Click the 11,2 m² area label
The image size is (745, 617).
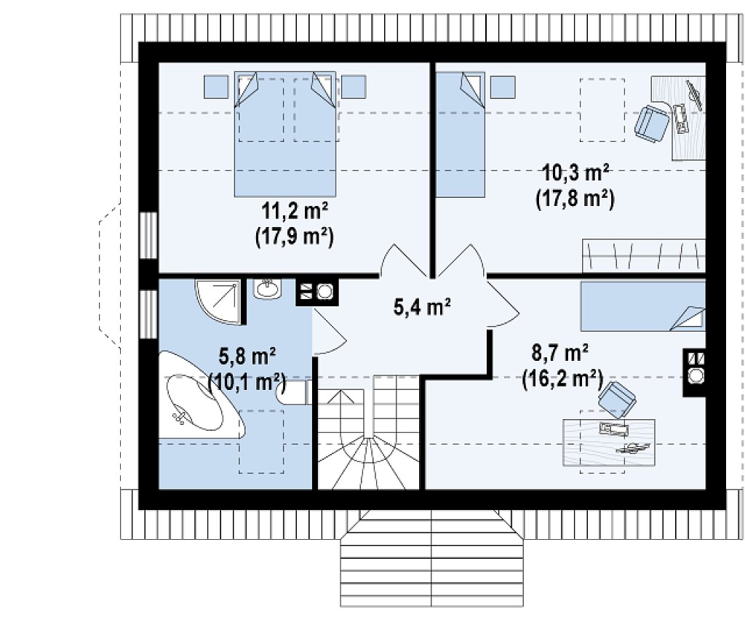coord(294,211)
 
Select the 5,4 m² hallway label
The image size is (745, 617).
coord(422,306)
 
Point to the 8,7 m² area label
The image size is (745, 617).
coord(560,354)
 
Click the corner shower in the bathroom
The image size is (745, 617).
coord(218,301)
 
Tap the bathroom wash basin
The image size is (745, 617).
coord(268,289)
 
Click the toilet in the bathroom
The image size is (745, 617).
coord(294,392)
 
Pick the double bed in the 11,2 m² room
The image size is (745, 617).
coord(285,134)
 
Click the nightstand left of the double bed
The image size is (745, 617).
coord(216,87)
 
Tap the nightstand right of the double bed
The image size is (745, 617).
coord(354,87)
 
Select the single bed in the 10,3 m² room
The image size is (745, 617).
coord(461,134)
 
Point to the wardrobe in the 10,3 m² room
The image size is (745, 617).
coord(644,256)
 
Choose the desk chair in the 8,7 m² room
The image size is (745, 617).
coord(617,398)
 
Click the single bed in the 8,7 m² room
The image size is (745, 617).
coord(643,306)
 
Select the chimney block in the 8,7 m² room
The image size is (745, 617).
coord(694,373)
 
